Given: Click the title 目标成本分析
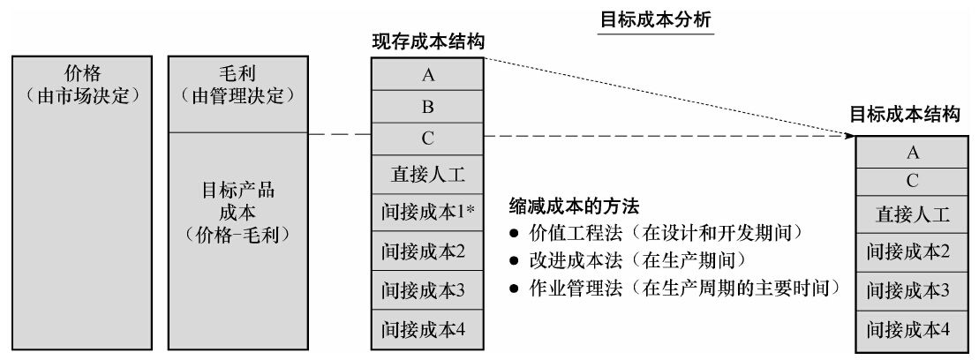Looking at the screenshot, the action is tap(656, 19).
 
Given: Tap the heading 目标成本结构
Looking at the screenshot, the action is tap(905, 115).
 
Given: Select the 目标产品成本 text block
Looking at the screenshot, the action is tap(237, 212).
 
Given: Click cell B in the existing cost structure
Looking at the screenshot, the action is tap(427, 107).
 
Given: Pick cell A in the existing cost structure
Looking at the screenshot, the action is tap(427, 74).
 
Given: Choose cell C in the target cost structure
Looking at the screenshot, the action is tap(912, 182).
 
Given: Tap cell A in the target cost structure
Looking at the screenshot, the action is tap(912, 153).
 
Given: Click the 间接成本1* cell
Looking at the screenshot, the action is tap(427, 212).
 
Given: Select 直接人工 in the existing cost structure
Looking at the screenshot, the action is tap(427, 175).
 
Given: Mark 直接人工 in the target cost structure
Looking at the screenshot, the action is tap(912, 214).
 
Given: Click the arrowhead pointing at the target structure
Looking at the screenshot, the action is tap(849, 135).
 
